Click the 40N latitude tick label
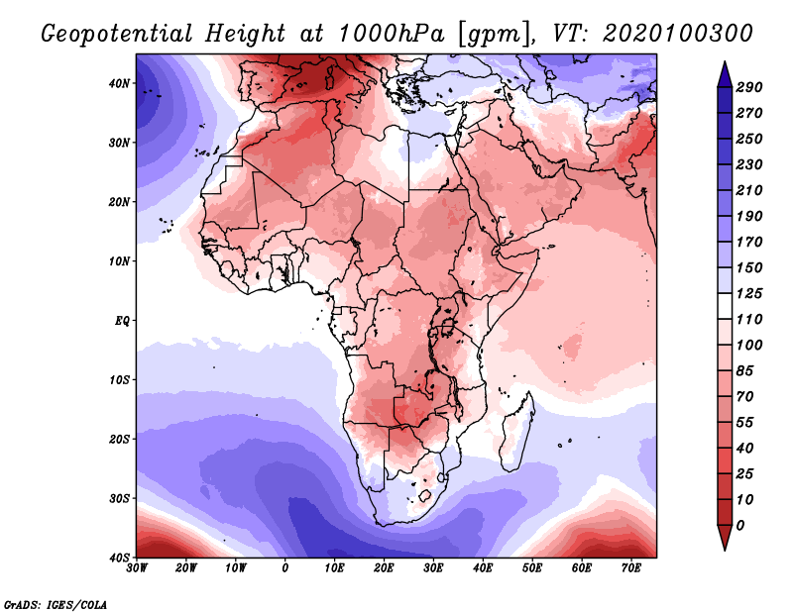[119, 83]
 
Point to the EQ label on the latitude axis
[122, 321]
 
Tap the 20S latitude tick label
[119, 439]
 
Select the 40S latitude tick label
[119, 558]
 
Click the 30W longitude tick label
[137, 568]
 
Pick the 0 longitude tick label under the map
[285, 568]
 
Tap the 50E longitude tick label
[532, 568]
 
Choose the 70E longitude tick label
[630, 568]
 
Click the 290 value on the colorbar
[749, 87]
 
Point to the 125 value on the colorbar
[749, 293]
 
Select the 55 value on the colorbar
[745, 423]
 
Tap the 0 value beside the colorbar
[740, 526]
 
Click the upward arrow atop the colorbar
[725, 74]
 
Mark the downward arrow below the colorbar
[725, 538]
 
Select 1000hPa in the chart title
[392, 34]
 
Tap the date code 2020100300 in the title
[678, 34]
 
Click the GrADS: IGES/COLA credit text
[56, 605]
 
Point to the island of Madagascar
[516, 434]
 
